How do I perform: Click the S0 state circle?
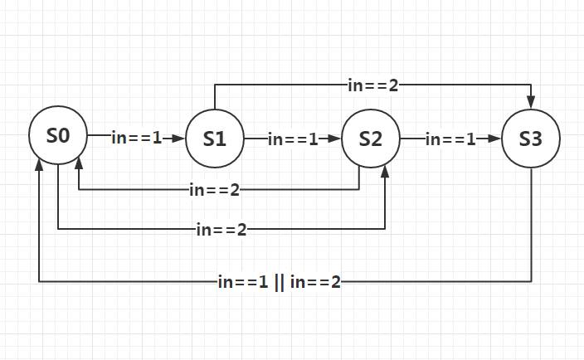57,137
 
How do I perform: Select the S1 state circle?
214,139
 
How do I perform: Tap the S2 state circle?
370,139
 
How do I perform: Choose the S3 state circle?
530,139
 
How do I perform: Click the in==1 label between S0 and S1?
136,139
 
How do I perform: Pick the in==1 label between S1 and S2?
293,139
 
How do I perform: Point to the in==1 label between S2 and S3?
450,139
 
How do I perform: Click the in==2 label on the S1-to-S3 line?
372,85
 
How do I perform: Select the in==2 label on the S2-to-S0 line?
214,190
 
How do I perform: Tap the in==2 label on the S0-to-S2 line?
221,229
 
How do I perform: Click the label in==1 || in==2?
279,282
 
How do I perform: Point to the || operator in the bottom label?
278,282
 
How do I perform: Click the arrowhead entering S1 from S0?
178,139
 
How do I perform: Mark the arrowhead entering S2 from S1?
335,139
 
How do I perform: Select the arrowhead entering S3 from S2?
495,139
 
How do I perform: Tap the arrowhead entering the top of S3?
530,101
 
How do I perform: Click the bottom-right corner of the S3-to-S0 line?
531,282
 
